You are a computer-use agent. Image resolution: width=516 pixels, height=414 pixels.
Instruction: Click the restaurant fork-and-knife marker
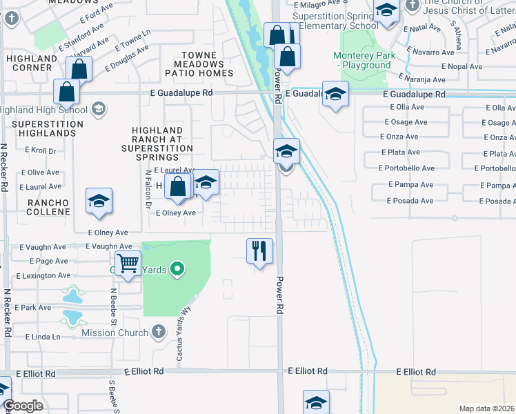(260, 250)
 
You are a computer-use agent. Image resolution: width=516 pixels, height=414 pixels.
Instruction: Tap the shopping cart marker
(128, 263)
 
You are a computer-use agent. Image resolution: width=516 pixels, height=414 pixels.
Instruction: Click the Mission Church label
(115, 333)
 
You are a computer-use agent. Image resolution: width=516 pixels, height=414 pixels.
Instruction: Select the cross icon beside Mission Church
(158, 332)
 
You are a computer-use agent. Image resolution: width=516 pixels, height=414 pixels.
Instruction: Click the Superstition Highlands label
(48, 128)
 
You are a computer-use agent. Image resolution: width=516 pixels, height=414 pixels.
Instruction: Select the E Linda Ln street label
(43, 337)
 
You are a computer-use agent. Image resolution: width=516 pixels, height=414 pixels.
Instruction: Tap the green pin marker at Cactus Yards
(177, 268)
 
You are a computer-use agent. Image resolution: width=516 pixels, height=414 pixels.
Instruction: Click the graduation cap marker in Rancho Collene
(99, 201)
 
